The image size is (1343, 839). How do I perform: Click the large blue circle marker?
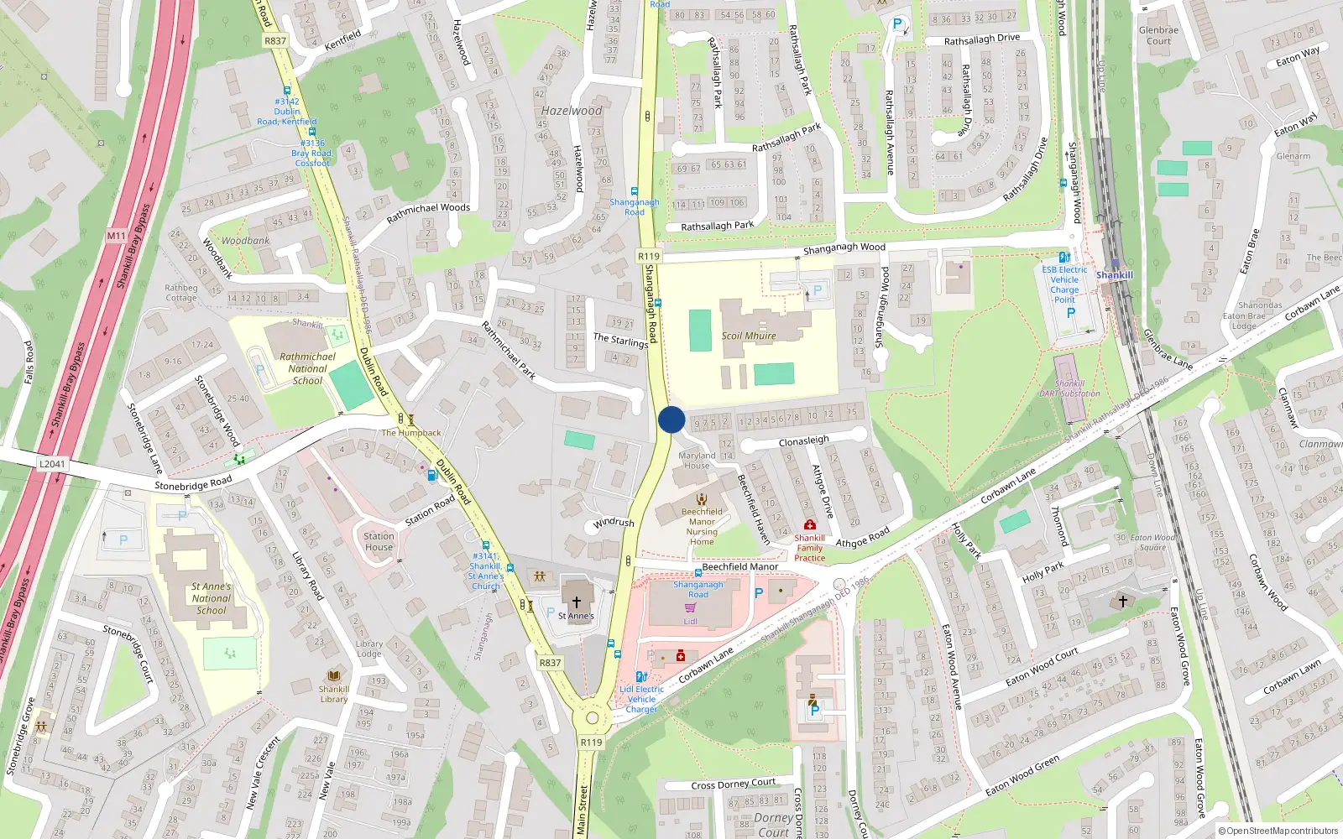click(671, 419)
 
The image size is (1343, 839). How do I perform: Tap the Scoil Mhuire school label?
click(749, 336)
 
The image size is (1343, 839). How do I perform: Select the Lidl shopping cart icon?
click(690, 607)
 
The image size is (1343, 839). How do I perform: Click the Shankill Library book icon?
click(334, 676)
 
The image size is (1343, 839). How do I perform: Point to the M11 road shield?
click(116, 237)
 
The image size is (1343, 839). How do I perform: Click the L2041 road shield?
click(52, 464)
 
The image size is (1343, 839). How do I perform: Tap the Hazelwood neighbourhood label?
click(572, 111)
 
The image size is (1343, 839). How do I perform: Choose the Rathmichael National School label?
click(307, 368)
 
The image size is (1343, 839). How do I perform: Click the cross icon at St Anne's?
click(577, 602)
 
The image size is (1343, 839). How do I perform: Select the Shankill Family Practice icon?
click(809, 524)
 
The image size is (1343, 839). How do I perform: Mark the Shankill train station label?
click(1114, 275)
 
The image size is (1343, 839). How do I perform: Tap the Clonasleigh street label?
click(803, 440)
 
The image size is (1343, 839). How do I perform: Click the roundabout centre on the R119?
click(593, 718)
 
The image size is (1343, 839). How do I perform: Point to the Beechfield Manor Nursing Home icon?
click(702, 499)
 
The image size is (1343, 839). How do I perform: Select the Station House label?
click(379, 541)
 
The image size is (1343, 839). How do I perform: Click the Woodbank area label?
click(245, 241)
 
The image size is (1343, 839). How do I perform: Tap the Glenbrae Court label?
click(1158, 35)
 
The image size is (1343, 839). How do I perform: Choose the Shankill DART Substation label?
click(1070, 388)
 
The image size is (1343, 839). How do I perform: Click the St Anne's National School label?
click(212, 598)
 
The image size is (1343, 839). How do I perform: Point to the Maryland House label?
click(697, 461)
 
